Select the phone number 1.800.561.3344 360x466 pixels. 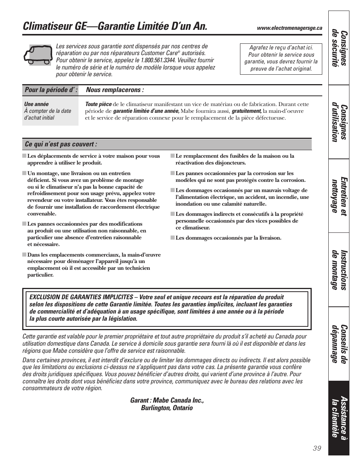click(x=158, y=60)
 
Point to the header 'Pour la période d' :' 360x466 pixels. click(x=51, y=90)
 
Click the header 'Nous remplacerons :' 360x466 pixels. click(x=115, y=90)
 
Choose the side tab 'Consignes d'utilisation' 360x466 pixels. click(x=339, y=122)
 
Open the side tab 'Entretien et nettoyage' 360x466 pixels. click(x=339, y=195)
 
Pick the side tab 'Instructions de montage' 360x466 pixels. click(x=339, y=269)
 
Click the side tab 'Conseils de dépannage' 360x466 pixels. click(x=339, y=343)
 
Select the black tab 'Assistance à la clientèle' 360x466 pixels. click(x=339, y=417)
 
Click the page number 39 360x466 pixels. click(x=317, y=448)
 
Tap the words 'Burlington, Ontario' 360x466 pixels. click(x=167, y=408)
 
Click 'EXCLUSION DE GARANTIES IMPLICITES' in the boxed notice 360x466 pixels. click(x=81, y=297)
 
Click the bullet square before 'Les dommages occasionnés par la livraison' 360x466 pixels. click(x=172, y=238)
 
